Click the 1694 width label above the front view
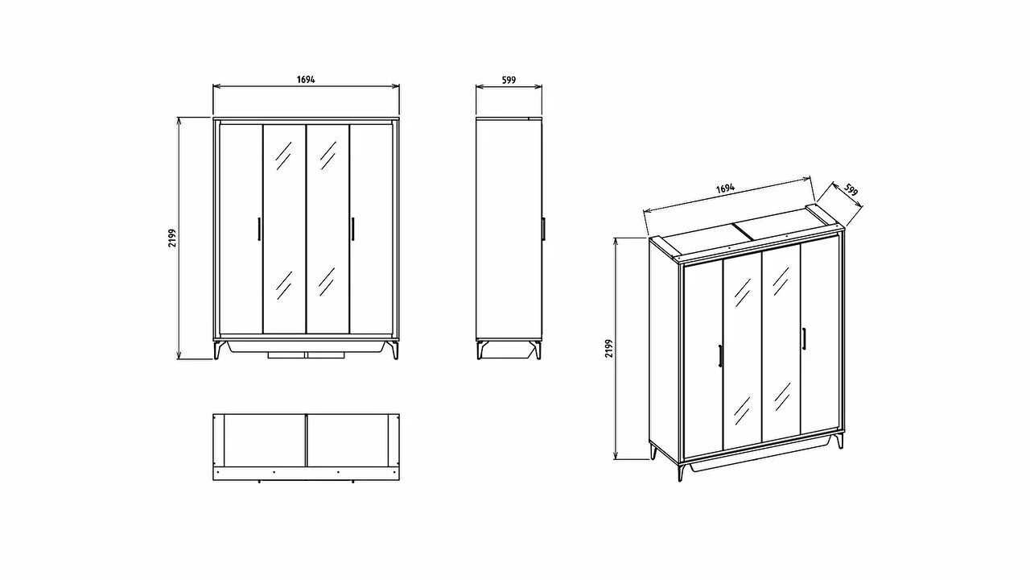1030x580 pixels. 306,79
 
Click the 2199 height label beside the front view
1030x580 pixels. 172,238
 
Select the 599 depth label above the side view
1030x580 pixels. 509,80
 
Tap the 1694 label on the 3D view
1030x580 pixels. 726,188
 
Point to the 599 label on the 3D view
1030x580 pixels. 851,189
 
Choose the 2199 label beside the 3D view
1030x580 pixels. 609,349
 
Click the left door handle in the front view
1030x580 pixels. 259,228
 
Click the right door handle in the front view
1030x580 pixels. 352,228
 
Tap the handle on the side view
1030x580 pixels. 543,228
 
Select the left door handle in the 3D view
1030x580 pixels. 720,356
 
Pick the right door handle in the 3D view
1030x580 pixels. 804,338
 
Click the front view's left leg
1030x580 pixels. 218,350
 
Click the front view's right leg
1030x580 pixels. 394,350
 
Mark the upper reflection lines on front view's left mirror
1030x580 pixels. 284,155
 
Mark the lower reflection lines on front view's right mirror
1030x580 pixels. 327,282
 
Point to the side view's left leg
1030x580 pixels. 481,350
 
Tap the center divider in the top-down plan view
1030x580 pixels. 307,441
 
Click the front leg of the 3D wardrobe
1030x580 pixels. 682,470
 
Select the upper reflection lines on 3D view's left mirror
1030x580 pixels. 743,292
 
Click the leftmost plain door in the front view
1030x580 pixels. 241,229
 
